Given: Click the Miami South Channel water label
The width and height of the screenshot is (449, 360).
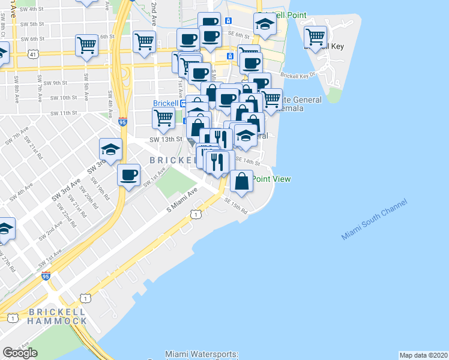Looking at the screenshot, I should click(x=375, y=220).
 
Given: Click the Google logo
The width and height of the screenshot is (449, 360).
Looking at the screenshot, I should click(x=20, y=353).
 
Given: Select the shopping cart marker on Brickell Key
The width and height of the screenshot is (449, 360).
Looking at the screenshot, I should click(x=315, y=38).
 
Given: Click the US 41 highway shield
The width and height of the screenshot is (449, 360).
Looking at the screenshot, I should click(x=31, y=54).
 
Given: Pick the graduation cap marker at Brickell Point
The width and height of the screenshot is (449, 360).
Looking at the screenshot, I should click(x=264, y=25).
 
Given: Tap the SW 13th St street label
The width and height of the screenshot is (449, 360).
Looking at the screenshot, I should click(x=166, y=139).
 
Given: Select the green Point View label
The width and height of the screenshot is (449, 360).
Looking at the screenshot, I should click(x=271, y=178).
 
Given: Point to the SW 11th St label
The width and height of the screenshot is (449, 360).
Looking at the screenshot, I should click(x=64, y=113).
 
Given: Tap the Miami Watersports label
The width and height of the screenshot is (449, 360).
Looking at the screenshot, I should click(x=202, y=355).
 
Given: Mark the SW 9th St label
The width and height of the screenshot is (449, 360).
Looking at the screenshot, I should click(x=55, y=82).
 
